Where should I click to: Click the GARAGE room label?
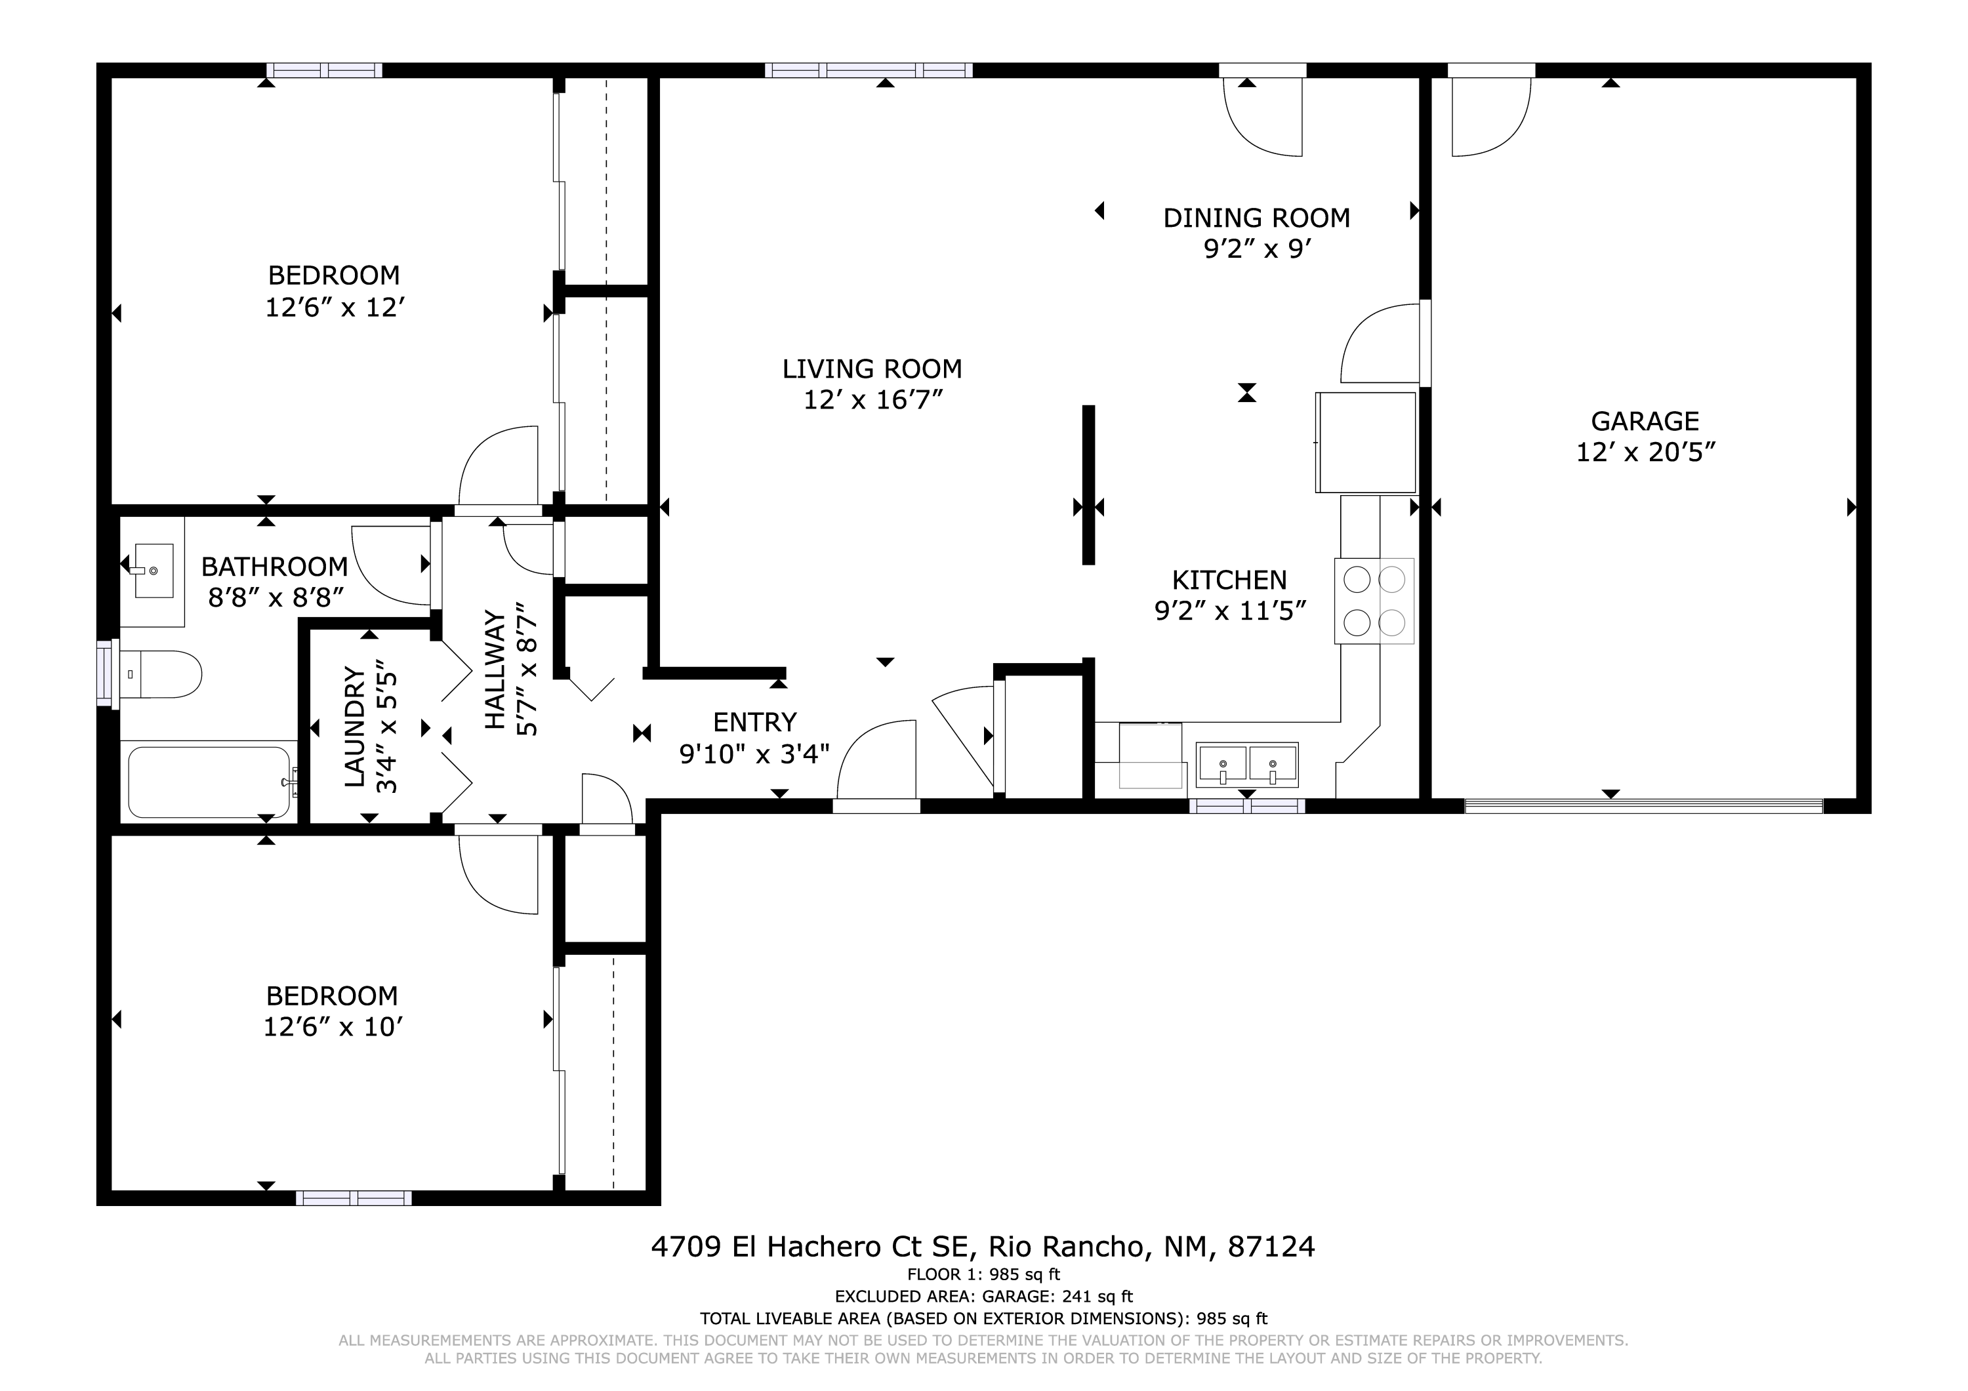tap(1645, 421)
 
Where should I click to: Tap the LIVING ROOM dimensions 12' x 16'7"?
tap(872, 399)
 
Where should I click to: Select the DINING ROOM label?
tap(1257, 218)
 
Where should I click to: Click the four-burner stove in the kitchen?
tap(1374, 601)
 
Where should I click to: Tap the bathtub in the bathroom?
tap(209, 782)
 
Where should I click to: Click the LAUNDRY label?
tap(355, 727)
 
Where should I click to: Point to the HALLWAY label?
tap(495, 670)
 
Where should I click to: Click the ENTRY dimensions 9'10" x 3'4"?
tap(754, 754)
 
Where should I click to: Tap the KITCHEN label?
tap(1229, 580)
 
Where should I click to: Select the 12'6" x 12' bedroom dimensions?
tap(335, 307)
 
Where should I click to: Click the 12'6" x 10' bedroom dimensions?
tap(333, 1027)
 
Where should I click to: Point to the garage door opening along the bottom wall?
tap(1644, 805)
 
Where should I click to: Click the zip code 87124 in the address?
tap(1271, 1246)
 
